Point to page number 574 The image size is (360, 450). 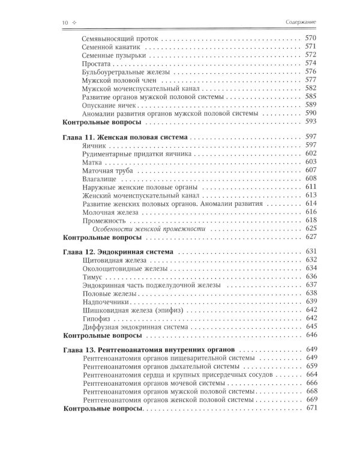(310, 63)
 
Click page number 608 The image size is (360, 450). (310, 179)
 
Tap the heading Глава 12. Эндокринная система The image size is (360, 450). (118, 251)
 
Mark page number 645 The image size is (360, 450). (310, 326)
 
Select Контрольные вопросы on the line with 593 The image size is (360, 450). (102, 121)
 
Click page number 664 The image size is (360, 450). (310, 374)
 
